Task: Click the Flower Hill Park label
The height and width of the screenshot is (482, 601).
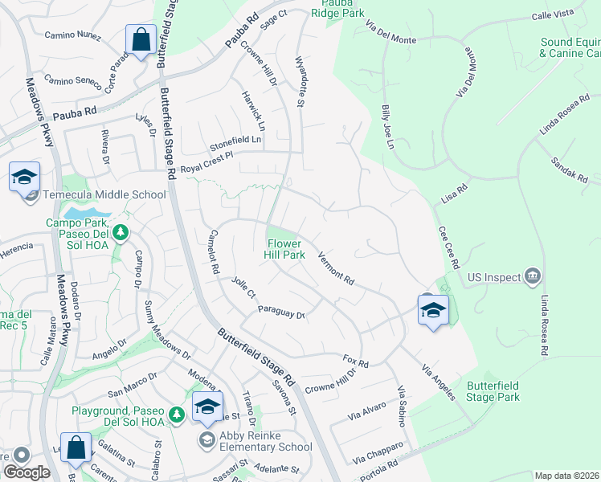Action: pyautogui.click(x=285, y=249)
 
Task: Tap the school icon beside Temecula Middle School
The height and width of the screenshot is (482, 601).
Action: pyautogui.click(x=25, y=176)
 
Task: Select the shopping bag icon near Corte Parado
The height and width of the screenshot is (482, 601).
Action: pyautogui.click(x=141, y=40)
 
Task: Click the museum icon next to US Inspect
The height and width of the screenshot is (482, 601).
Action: pyautogui.click(x=532, y=277)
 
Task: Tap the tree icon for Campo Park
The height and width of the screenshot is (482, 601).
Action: pyautogui.click(x=121, y=233)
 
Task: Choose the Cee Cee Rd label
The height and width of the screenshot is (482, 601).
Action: pyautogui.click(x=448, y=247)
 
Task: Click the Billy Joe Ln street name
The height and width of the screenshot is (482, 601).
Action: pyautogui.click(x=388, y=126)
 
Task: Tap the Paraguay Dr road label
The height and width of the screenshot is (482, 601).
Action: pyautogui.click(x=281, y=312)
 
